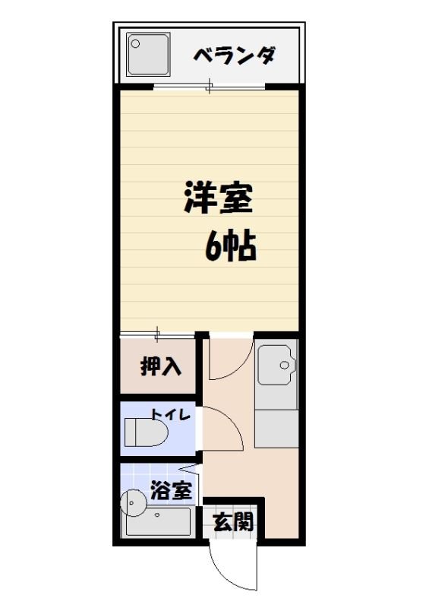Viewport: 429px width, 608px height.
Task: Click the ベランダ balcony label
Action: [233, 55]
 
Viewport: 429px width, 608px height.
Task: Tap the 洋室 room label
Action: [216, 198]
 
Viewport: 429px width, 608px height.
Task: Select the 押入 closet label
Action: [161, 366]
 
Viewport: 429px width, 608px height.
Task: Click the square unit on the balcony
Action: [149, 54]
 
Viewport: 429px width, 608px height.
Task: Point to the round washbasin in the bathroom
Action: [134, 502]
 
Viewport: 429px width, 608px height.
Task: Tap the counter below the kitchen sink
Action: [276, 428]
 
